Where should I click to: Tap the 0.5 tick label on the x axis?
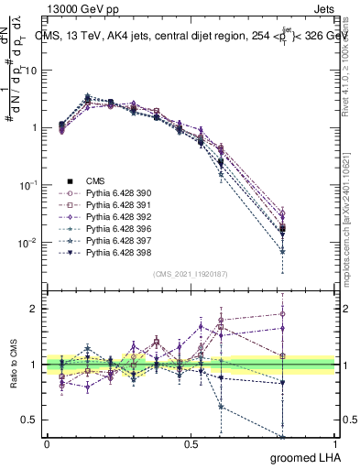coord(191,444)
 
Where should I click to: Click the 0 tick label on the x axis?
coord(47,444)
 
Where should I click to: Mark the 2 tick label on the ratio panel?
coord(33,309)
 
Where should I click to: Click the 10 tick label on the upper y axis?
coord(30,71)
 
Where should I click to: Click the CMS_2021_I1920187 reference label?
coord(191,273)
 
